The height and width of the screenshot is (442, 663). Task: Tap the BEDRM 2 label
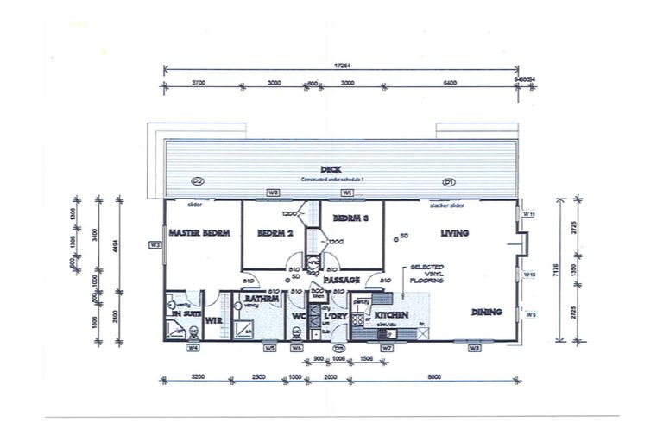click(276, 233)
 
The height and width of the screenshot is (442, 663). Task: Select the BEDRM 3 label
click(351, 219)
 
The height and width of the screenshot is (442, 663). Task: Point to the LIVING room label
click(454, 233)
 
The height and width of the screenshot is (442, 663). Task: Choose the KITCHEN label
click(391, 316)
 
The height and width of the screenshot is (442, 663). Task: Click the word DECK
click(330, 169)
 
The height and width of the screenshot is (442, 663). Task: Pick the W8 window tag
click(474, 348)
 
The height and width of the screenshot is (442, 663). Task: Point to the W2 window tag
click(273, 192)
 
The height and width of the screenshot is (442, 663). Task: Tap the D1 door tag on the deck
click(448, 182)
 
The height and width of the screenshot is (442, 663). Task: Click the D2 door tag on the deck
click(198, 182)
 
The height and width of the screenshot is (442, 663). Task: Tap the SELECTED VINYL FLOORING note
click(428, 274)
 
